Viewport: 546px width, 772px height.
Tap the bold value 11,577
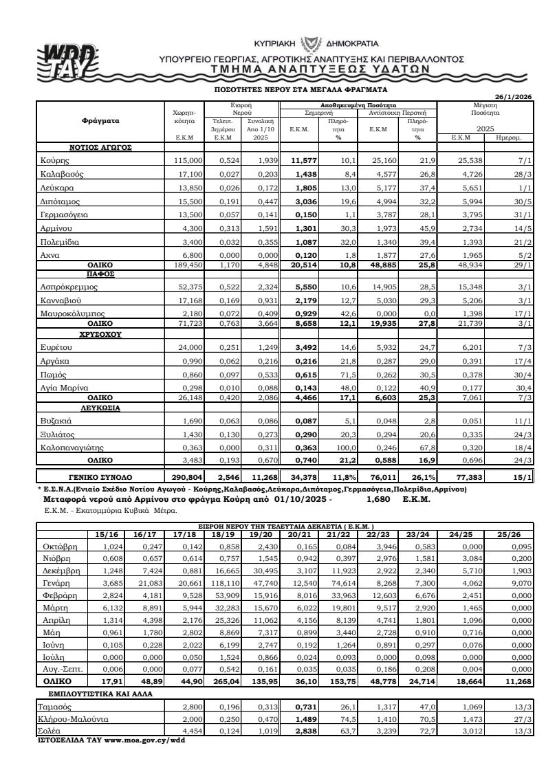click(303, 160)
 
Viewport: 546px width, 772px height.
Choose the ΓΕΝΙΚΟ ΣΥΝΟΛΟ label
click(100, 476)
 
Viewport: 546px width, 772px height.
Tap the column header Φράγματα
click(100, 120)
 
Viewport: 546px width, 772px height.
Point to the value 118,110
click(225, 584)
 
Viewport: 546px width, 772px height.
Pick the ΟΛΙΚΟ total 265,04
click(225, 682)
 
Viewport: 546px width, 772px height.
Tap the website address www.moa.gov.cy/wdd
click(135, 741)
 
